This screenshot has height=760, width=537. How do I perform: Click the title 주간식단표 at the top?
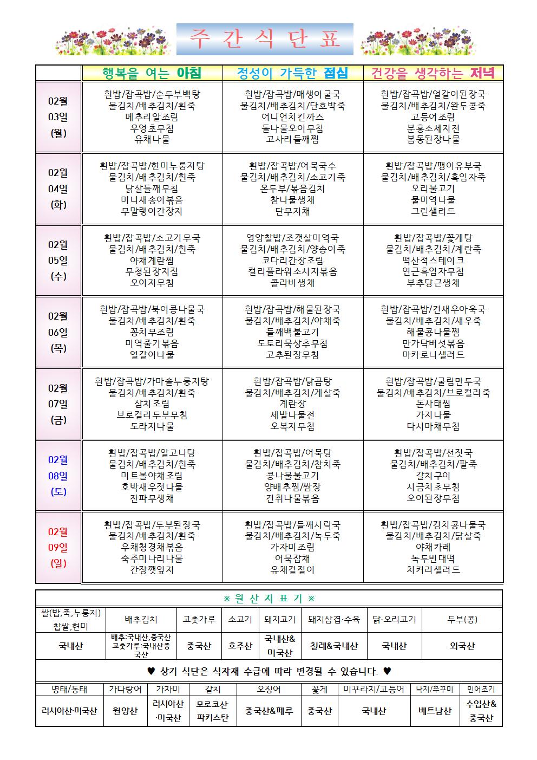[265, 40]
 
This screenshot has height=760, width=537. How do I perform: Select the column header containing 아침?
[152, 73]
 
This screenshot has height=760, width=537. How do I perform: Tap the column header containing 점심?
[293, 73]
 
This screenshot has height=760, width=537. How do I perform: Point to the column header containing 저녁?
[433, 73]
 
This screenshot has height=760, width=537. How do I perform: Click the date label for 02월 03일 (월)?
[58, 117]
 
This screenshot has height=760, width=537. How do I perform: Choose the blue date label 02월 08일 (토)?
[58, 476]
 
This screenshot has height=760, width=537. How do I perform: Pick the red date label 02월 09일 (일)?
[58, 547]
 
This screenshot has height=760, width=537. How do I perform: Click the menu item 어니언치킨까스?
[293, 117]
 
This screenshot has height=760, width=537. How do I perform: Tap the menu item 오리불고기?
[433, 189]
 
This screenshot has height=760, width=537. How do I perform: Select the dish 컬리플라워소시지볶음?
[293, 271]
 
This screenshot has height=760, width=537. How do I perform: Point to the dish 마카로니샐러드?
[433, 355]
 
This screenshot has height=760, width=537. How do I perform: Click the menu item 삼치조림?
[152, 404]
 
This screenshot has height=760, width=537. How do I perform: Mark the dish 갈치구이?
[433, 476]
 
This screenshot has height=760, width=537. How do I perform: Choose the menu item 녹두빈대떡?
[433, 558]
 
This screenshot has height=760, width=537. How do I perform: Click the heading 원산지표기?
[269, 599]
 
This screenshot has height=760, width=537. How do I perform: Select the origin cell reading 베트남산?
[435, 711]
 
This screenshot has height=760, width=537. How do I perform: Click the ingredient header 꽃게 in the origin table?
[319, 689]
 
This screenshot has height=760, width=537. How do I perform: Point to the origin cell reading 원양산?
[125, 711]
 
